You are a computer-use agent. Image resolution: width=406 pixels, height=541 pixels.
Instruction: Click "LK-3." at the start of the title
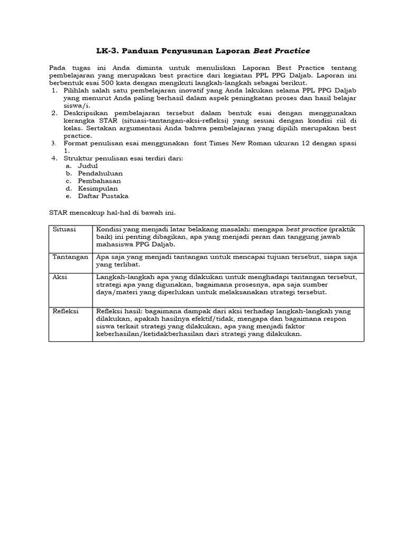click(107, 51)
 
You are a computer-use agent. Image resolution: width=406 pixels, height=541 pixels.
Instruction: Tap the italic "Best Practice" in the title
click(282, 51)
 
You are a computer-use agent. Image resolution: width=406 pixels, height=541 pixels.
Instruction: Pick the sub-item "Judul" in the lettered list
click(88, 165)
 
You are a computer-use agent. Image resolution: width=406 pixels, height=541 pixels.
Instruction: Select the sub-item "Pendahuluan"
click(100, 173)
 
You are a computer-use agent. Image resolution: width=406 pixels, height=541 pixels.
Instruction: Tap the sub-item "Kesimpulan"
click(98, 188)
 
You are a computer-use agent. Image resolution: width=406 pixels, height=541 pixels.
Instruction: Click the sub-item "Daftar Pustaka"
click(103, 195)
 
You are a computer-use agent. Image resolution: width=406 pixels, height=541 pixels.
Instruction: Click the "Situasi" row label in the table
click(64, 230)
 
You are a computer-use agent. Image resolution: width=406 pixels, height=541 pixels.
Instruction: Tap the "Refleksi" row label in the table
click(66, 311)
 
